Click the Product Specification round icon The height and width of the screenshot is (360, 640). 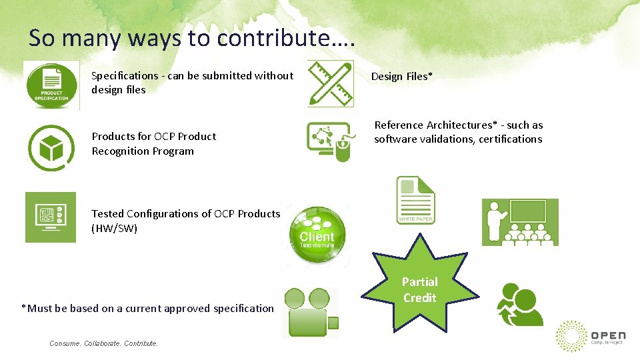coord(51,85)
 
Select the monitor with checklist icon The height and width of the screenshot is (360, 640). coord(51,217)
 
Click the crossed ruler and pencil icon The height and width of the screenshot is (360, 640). coord(330,83)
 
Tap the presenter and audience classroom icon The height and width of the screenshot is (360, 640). coord(520,222)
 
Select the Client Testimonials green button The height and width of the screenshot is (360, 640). coord(317,234)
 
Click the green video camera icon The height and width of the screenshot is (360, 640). coord(311,312)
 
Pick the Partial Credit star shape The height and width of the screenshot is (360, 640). coord(419,291)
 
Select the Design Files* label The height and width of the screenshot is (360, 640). coord(401,77)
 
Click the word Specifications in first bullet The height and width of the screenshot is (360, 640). coord(125,76)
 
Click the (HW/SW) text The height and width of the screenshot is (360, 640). coord(114,229)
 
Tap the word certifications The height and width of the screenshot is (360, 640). coord(510,139)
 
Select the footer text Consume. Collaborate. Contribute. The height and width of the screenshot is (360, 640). coord(104,343)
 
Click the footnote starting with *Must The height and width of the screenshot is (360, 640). coord(147,309)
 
